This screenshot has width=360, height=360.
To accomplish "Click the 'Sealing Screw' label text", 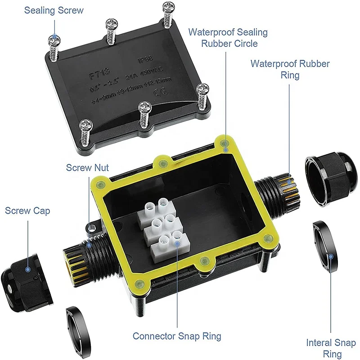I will click(x=54, y=10).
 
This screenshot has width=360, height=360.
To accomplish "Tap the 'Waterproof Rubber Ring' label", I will click(x=290, y=69).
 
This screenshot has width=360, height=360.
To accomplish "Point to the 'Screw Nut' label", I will click(x=87, y=168).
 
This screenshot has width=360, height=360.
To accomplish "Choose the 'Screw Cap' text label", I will click(x=27, y=211).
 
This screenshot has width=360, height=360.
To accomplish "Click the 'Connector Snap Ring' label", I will click(x=177, y=336).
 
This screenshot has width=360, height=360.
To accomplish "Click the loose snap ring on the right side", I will click(x=327, y=245).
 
